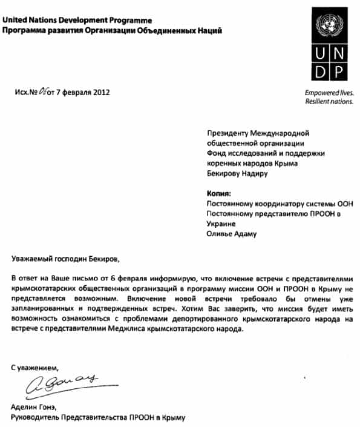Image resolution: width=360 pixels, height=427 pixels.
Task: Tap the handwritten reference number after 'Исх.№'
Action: [x=44, y=91]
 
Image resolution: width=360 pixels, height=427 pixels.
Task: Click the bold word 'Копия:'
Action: [x=220, y=193]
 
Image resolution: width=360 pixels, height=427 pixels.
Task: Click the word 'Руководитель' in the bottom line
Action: [x=37, y=417]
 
